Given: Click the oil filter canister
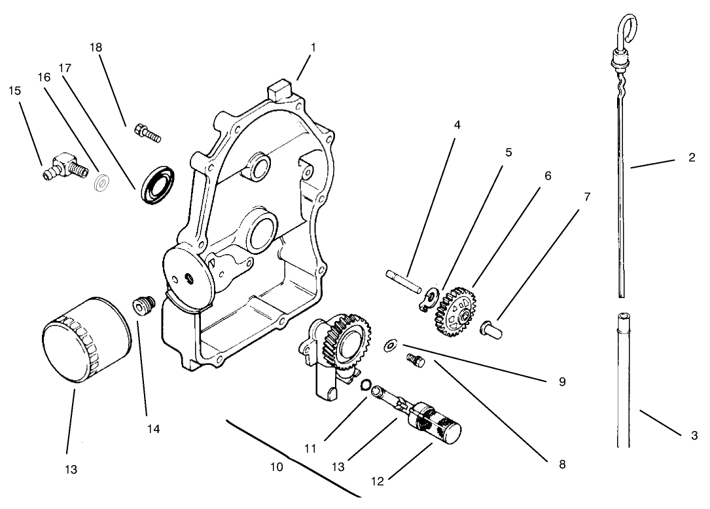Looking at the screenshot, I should click(x=85, y=341).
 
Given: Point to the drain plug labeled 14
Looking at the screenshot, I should click(x=142, y=306).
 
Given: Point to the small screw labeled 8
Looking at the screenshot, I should click(x=413, y=360).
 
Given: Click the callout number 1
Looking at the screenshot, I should click(x=313, y=48).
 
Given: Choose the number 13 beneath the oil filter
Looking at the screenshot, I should click(x=71, y=470).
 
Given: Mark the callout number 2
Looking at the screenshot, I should click(x=692, y=158).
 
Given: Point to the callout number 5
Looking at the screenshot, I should click(x=508, y=152).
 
